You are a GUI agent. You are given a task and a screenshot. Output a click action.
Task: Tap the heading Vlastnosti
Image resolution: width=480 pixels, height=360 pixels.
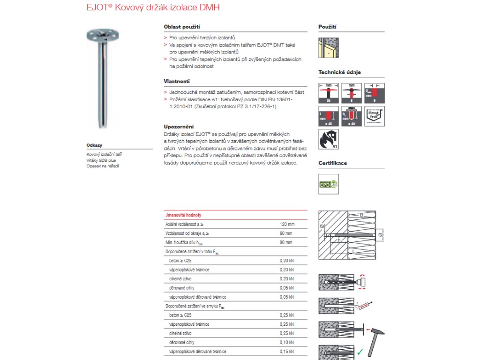coord(177,81)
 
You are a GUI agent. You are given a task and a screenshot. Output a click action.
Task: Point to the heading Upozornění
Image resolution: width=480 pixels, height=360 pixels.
coord(179,127)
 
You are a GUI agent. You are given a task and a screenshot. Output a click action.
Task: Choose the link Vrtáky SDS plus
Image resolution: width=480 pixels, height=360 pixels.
coord(101,160)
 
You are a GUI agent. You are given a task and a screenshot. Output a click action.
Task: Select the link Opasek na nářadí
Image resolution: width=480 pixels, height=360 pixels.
coord(103,166)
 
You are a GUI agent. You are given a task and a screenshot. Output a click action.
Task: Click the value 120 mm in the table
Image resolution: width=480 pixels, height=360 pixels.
coord(287,224)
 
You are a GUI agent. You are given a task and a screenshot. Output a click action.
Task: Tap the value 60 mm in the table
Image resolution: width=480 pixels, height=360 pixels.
coord(286,233)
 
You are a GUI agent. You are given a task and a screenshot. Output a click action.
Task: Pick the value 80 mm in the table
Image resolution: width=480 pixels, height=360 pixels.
coord(286,242)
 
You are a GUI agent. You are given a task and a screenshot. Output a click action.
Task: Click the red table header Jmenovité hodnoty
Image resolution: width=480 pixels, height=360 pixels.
coord(183,215)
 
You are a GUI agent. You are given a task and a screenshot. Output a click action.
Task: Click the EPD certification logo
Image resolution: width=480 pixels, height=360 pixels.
coord(329,184)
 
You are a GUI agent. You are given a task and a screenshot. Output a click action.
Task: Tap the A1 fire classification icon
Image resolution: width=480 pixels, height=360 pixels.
coord(328,139)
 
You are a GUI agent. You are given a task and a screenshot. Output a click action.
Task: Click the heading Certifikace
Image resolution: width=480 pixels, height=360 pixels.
coord(333,163)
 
